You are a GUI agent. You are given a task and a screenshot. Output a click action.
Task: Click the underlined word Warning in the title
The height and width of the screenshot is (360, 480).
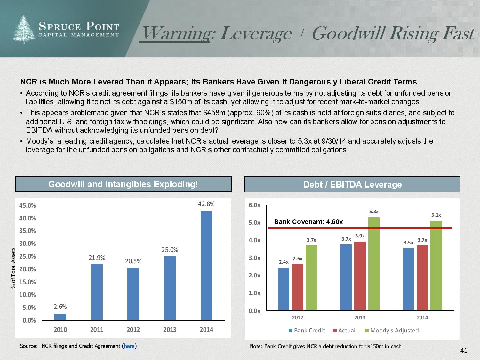coord(175,33)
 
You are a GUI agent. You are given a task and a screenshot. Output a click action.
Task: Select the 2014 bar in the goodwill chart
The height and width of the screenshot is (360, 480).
coord(206,265)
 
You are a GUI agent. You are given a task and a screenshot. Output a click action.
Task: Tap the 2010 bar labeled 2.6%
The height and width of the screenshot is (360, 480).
coord(60,316)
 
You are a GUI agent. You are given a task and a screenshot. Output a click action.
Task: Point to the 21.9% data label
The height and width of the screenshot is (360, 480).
coord(97,258)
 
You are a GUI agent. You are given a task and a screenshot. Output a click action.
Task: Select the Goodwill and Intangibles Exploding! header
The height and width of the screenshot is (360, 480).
coord(123,184)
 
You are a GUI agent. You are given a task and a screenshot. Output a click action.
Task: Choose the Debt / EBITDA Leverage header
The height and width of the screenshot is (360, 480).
coord(352,185)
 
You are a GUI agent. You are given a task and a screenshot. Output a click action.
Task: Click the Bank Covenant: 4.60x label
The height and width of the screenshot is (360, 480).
coord(308,222)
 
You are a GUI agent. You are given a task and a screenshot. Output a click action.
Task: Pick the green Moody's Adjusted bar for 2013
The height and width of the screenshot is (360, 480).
coord(374,264)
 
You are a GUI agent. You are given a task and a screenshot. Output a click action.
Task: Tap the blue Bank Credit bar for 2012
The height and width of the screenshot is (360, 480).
coord(284,289)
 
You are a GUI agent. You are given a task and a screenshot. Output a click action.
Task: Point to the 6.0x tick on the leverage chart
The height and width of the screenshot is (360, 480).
coord(254,205)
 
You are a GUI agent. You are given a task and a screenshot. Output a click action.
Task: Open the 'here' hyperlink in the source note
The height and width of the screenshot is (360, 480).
coord(129,346)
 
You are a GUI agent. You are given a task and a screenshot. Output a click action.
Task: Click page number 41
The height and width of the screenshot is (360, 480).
coord(464,351)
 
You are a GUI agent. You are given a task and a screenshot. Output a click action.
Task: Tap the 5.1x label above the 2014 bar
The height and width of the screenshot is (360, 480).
coord(436,215)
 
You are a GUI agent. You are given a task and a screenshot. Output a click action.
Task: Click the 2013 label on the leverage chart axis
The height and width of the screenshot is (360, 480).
coord(360,318)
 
